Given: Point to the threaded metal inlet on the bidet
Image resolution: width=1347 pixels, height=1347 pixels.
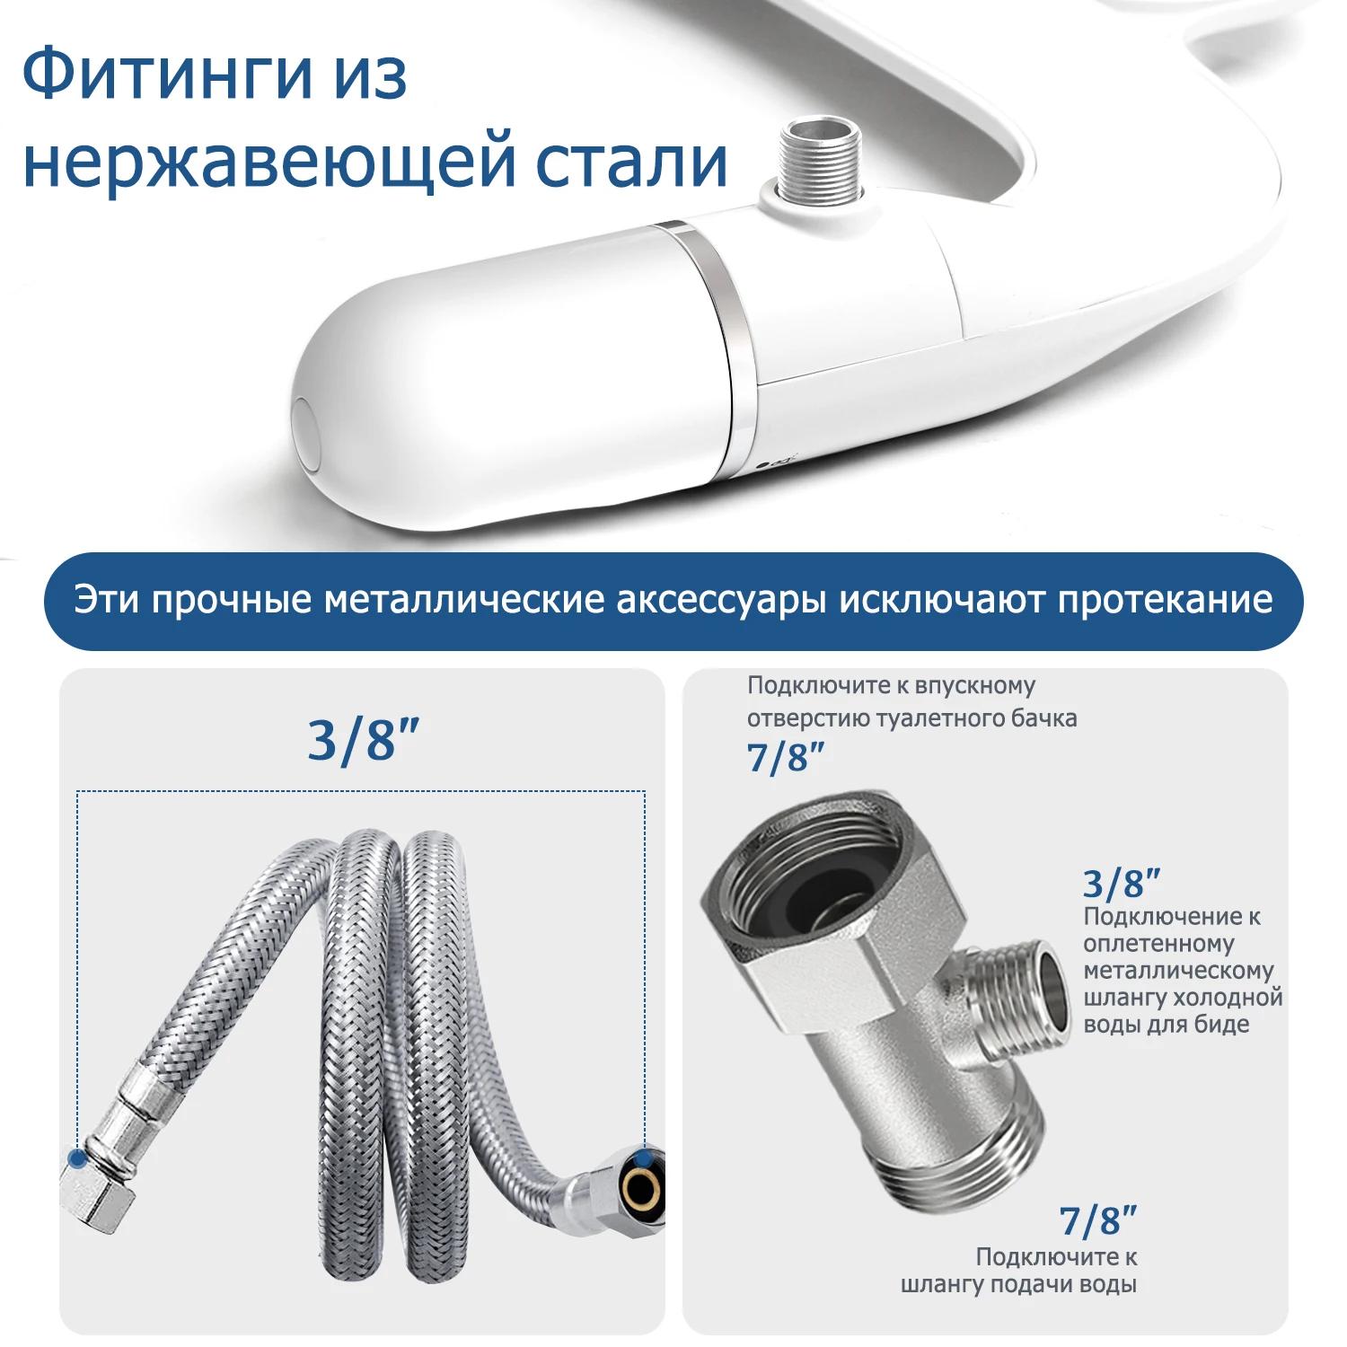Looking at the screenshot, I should click(819, 162).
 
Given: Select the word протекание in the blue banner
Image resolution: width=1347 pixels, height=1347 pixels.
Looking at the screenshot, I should click(1165, 600).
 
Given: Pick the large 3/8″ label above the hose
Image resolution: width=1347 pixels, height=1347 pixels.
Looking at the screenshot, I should click(363, 741).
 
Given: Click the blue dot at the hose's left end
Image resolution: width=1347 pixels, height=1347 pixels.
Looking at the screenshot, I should click(77, 1158).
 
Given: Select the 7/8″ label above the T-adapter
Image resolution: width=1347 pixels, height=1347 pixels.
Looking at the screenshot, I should click(785, 758).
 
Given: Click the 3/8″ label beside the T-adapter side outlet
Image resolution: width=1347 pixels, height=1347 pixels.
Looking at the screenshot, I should click(1121, 885).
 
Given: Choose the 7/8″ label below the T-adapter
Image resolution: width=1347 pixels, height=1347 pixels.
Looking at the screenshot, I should click(1097, 1221).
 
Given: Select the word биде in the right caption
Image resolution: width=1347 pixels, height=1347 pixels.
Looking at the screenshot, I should click(1222, 1025).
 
